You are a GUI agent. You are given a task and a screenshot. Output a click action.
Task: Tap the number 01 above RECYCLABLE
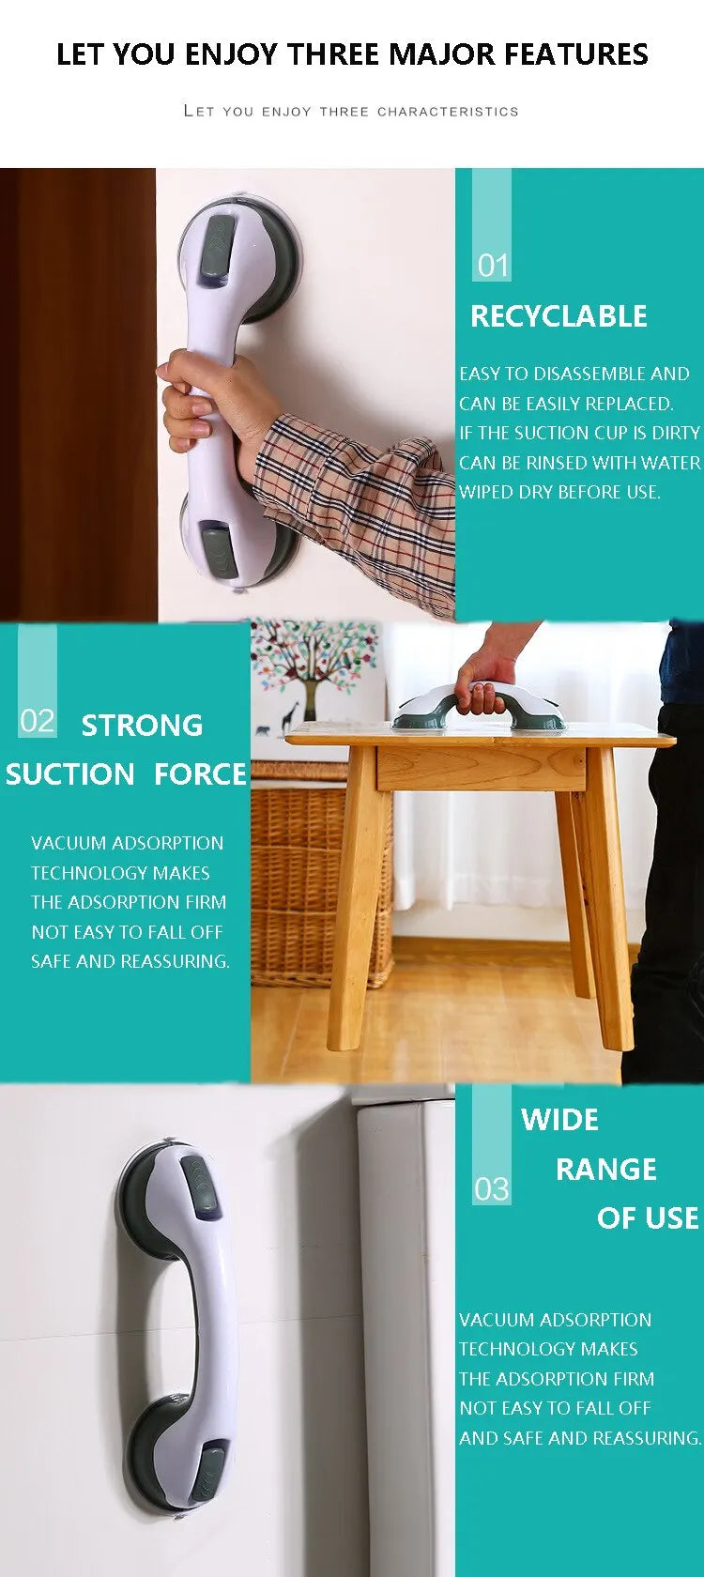click(x=492, y=266)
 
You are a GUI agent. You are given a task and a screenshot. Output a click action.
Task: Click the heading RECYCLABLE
click(x=559, y=316)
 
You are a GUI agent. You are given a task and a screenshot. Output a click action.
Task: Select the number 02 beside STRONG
click(x=38, y=721)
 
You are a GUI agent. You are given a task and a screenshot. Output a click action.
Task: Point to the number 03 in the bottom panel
click(x=491, y=1189)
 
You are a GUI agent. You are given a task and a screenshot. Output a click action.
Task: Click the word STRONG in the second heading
click(x=142, y=726)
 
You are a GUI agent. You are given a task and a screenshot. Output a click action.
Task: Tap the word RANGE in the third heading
click(x=605, y=1170)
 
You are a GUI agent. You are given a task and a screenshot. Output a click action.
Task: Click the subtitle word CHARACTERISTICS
click(x=448, y=112)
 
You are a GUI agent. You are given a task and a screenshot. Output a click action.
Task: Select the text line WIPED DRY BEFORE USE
click(x=559, y=492)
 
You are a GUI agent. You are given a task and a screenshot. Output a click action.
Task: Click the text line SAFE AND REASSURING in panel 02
click(x=130, y=961)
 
